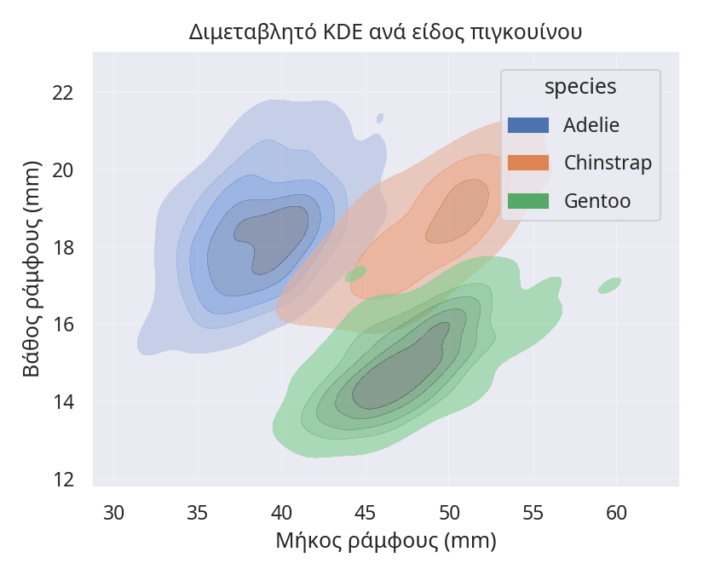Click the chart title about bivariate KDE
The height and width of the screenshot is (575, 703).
tap(385, 33)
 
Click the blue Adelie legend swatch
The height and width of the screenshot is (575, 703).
tap(528, 125)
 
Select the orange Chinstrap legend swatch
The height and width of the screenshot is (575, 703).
tap(528, 163)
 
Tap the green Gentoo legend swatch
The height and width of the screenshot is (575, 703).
tap(528, 201)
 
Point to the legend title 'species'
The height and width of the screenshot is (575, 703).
tap(580, 87)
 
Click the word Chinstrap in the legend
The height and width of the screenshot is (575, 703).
tap(608, 163)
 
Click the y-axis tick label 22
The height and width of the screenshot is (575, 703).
tap(63, 92)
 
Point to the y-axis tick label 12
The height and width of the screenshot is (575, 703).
tap(63, 479)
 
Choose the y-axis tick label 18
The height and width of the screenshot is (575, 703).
tap(63, 247)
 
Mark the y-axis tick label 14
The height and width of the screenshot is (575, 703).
tap(63, 401)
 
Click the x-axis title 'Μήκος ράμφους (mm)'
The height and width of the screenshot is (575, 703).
tap(385, 541)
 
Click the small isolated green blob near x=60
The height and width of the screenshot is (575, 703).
tap(609, 286)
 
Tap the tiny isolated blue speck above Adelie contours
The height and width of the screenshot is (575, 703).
tap(379, 118)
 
